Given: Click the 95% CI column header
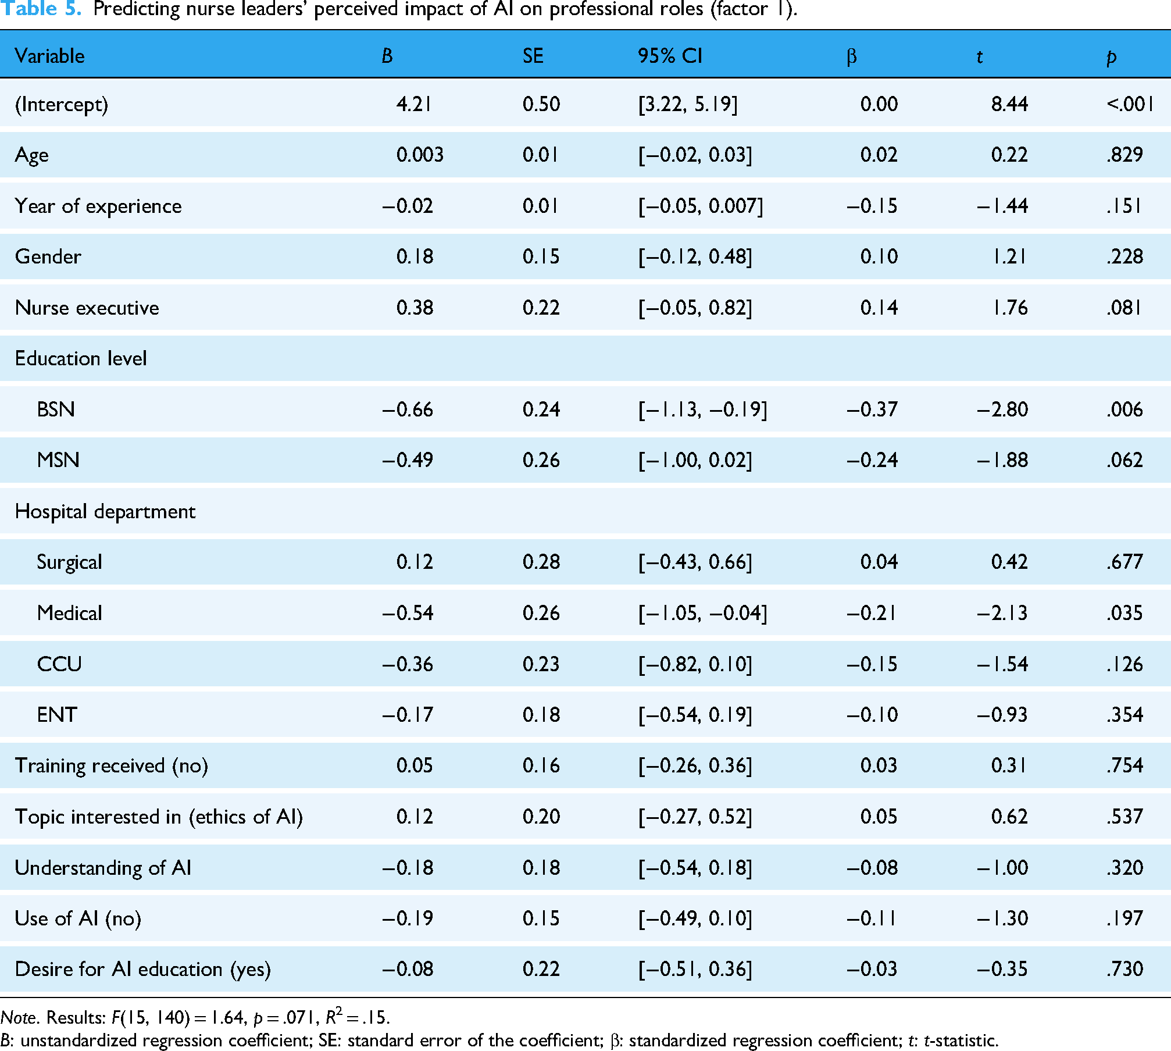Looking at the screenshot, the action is tap(670, 56).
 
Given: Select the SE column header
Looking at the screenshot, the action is tap(533, 56).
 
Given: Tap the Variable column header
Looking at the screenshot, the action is tap(49, 56).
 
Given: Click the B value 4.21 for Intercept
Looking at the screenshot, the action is tap(414, 104).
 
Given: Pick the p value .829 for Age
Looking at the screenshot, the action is tap(1124, 155).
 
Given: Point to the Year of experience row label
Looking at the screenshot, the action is tap(98, 206).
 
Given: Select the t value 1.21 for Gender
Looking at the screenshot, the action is tap(1009, 256).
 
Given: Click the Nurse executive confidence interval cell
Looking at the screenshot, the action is tap(695, 308).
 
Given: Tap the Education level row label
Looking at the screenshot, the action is tap(81, 358).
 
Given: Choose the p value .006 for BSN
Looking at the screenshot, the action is tap(1124, 409).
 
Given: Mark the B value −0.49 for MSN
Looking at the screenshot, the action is tap(407, 460).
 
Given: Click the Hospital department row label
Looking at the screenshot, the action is tap(105, 511).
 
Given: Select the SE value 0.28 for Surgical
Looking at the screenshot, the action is tap(541, 562).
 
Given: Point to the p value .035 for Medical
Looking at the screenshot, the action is tap(1124, 613).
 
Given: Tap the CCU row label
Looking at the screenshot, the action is tap(59, 664).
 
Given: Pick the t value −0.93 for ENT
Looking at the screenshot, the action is tap(1002, 715).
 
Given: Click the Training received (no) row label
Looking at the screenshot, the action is tap(111, 766).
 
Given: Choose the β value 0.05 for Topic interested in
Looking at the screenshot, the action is tap(879, 817).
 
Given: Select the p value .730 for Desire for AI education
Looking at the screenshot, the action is tap(1124, 969).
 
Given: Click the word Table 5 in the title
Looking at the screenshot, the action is tap(41, 9).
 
